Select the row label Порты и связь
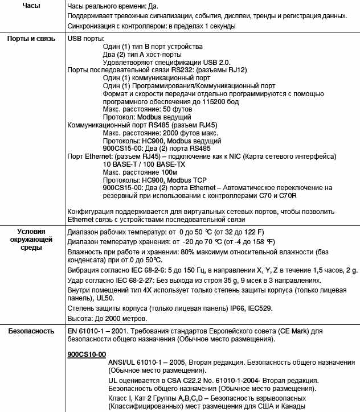[x=31, y=39]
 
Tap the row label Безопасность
[x=31, y=331]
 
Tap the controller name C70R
[x=291, y=195]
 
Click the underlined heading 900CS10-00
[x=87, y=355]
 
